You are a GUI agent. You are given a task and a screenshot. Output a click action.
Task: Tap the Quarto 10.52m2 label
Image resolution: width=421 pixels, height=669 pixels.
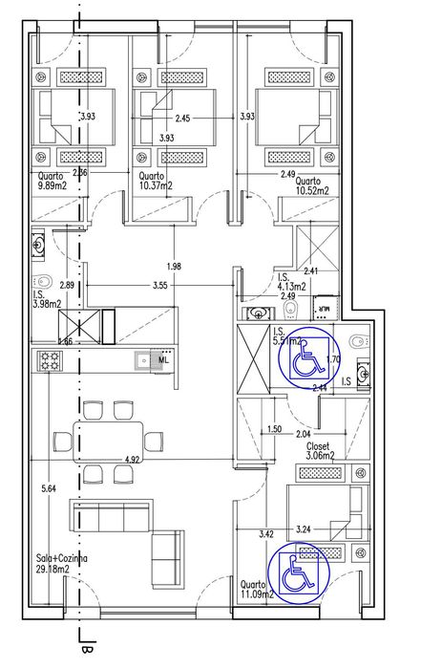pyautogui.click(x=312, y=185)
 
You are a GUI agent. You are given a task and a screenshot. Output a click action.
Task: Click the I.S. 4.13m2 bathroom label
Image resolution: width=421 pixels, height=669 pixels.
pyautogui.click(x=291, y=281)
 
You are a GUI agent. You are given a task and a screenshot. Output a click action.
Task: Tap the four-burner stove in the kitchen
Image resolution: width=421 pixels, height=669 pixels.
pyautogui.click(x=50, y=361)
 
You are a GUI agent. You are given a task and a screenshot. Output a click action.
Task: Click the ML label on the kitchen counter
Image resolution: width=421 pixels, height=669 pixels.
pyautogui.click(x=163, y=360)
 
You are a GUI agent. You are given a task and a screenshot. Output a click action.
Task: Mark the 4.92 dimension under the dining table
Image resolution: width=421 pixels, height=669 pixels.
pyautogui.click(x=133, y=461)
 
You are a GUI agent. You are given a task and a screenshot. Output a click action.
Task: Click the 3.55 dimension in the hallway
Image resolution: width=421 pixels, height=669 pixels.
pyautogui.click(x=160, y=285)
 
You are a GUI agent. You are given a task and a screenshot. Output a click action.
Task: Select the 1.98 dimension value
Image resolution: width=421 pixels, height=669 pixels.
pyautogui.click(x=173, y=265)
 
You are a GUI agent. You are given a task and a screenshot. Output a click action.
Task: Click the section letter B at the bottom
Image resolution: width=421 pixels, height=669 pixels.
pyautogui.click(x=86, y=653)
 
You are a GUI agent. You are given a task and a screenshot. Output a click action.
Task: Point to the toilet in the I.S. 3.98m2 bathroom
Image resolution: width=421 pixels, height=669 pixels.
pyautogui.click(x=42, y=283)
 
